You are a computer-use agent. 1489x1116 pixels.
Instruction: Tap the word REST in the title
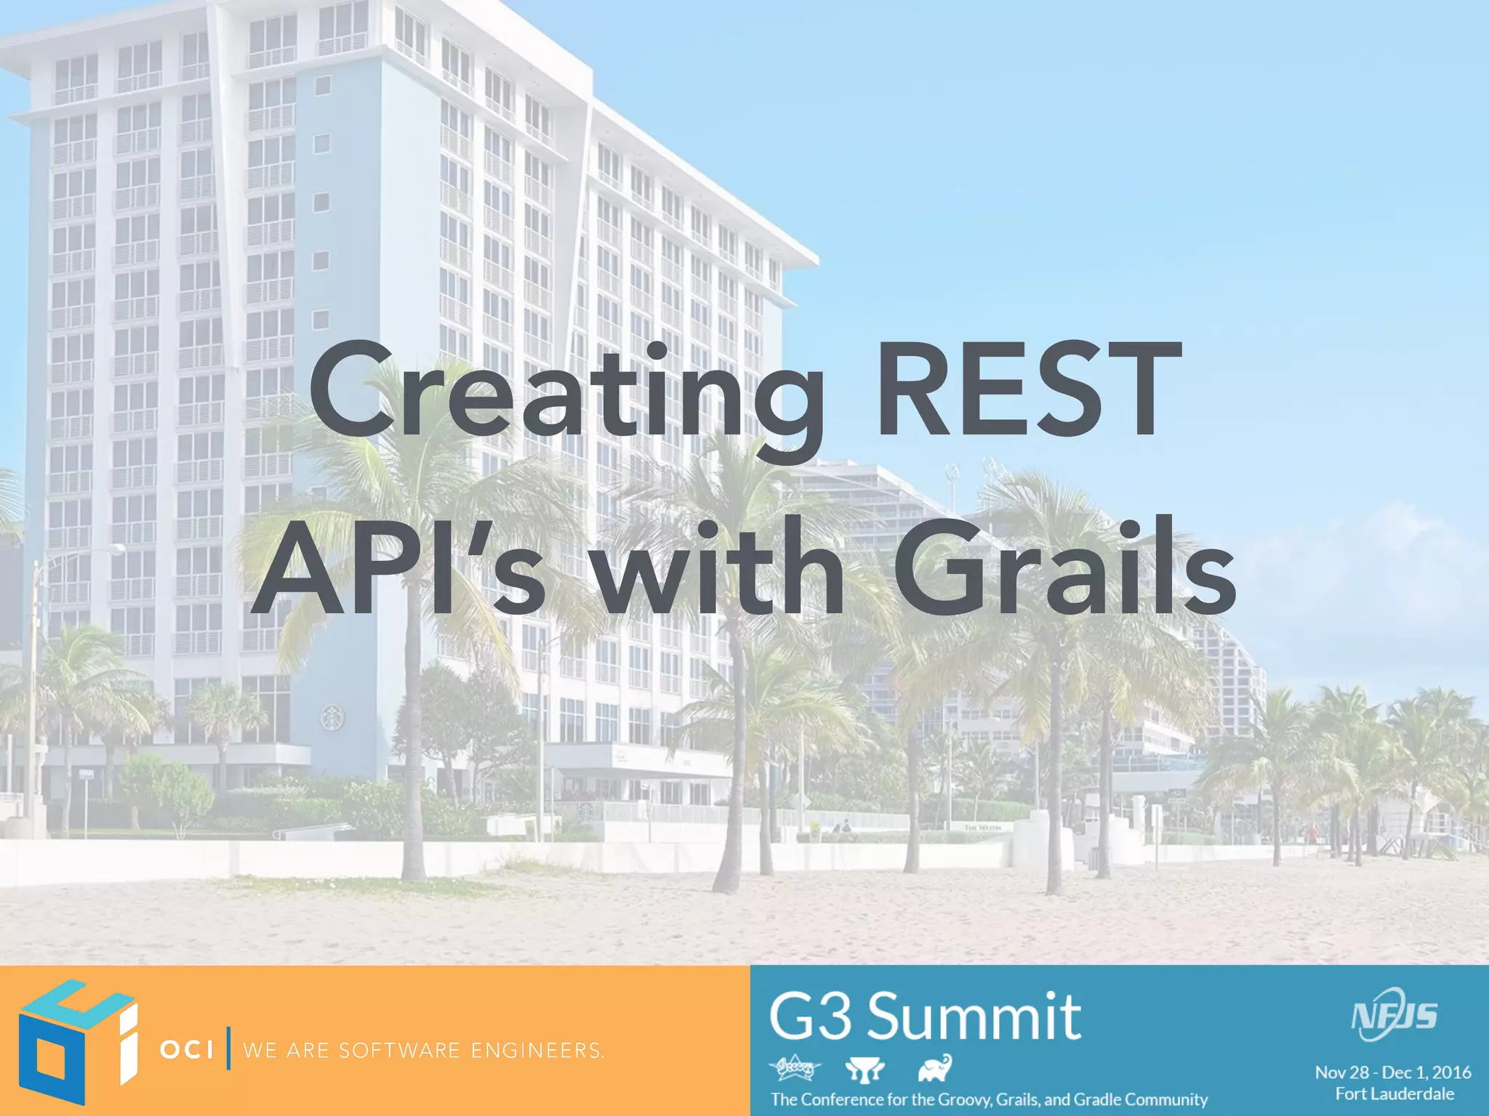click(1025, 392)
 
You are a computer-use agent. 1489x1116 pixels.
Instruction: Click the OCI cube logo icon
click(77, 1040)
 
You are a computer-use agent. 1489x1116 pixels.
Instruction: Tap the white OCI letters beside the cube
click(186, 1050)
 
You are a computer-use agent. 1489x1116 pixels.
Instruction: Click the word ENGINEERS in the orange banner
click(537, 1051)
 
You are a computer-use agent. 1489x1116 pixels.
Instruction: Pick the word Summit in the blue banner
click(974, 1016)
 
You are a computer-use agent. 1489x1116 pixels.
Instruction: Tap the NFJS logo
click(1394, 1014)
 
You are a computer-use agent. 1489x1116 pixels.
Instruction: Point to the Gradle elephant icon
click(934, 1068)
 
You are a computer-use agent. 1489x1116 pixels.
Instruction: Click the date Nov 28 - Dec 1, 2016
click(1393, 1072)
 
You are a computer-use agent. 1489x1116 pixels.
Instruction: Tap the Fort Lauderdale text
click(1394, 1093)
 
